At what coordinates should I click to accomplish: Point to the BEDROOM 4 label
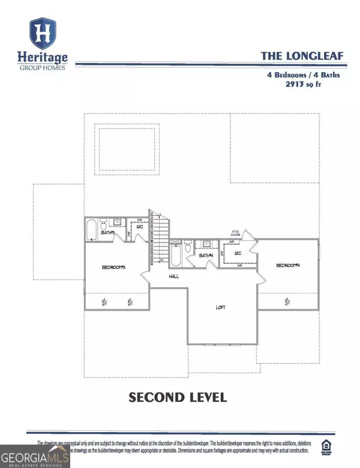287,265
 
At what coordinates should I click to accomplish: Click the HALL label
174,277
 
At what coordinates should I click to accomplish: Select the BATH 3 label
108,232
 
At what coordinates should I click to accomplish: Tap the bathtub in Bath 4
175,254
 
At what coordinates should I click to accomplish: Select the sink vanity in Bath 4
206,244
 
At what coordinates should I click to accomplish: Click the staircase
160,237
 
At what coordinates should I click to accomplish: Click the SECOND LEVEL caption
177,397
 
